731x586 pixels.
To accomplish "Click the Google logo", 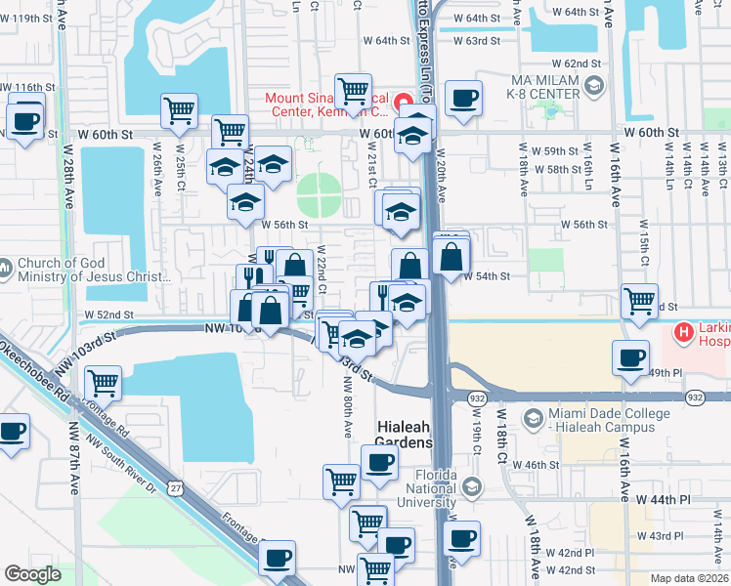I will pyautogui.click(x=32, y=574).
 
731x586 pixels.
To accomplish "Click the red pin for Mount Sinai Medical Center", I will pyautogui.click(x=401, y=99).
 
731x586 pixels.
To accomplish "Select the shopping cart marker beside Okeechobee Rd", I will pyautogui.click(x=103, y=382).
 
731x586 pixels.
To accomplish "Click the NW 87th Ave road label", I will pyautogui.click(x=75, y=458).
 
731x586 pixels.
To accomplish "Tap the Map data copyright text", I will pyautogui.click(x=688, y=577).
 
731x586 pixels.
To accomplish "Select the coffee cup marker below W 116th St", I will pyautogui.click(x=26, y=122).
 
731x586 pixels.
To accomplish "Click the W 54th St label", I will pyautogui.click(x=492, y=276).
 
